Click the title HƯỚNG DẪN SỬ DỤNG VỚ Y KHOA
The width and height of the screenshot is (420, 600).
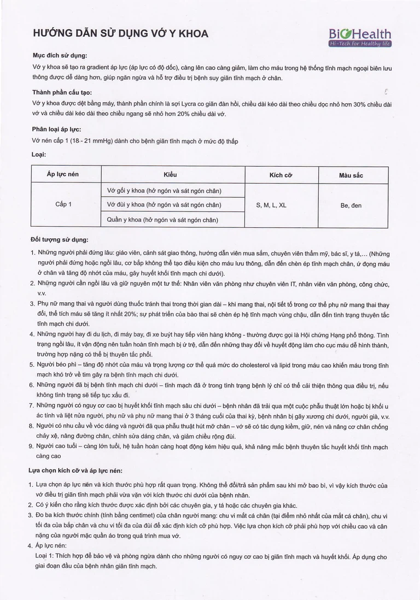[121, 34]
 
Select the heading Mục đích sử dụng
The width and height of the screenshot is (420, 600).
[60, 55]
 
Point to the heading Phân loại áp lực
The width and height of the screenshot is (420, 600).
[57, 129]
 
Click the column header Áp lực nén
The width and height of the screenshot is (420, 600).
[63, 174]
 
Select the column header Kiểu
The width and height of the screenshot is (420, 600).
[171, 174]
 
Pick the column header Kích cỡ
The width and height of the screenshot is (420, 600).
[281, 175]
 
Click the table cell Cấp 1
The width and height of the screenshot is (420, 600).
[63, 204]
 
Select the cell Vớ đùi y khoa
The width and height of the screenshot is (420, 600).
[164, 204]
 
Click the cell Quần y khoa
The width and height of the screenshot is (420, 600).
[164, 219]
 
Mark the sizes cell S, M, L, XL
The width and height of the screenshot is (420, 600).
[271, 205]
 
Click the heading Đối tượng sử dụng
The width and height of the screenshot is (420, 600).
[60, 239]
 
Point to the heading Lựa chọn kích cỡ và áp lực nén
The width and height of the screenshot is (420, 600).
[75, 470]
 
